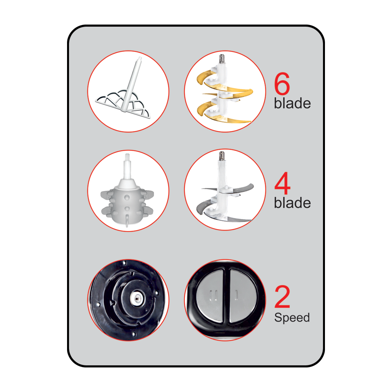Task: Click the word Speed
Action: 292,318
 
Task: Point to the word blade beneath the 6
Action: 292,103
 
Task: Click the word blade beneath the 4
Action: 292,202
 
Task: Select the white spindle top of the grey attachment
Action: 127,166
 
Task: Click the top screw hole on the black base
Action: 124,263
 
